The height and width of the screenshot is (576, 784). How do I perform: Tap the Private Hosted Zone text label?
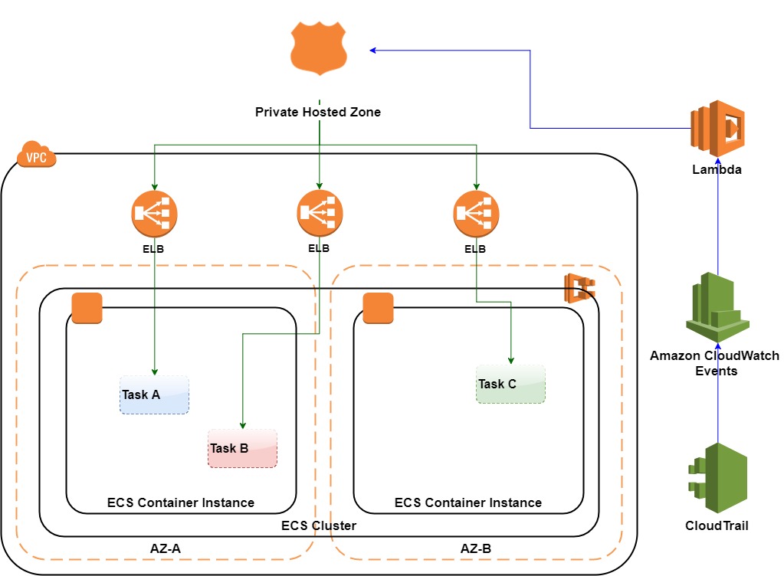coord(318,112)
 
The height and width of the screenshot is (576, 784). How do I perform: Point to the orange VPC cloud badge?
coord(37,155)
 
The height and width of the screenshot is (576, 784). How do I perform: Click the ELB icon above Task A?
coord(154,214)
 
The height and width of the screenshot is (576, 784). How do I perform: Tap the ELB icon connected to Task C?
coord(476,214)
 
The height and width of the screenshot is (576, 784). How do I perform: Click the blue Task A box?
coord(154,394)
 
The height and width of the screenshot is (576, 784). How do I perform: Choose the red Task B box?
coord(243,448)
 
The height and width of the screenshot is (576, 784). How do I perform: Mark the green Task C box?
coord(510,384)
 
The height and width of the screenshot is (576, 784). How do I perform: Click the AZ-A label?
coord(165,548)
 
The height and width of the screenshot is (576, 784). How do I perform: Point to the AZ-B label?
coord(476,548)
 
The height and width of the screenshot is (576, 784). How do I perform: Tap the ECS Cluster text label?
coord(319,526)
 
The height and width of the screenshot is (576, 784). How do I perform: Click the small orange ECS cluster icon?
coord(580,288)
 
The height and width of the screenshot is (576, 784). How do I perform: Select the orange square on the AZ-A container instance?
coord(87,308)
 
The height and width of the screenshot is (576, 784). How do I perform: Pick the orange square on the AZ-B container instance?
coord(377,308)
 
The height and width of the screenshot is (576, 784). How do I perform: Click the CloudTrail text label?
coord(717,526)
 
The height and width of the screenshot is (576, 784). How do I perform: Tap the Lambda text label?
coord(717,170)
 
